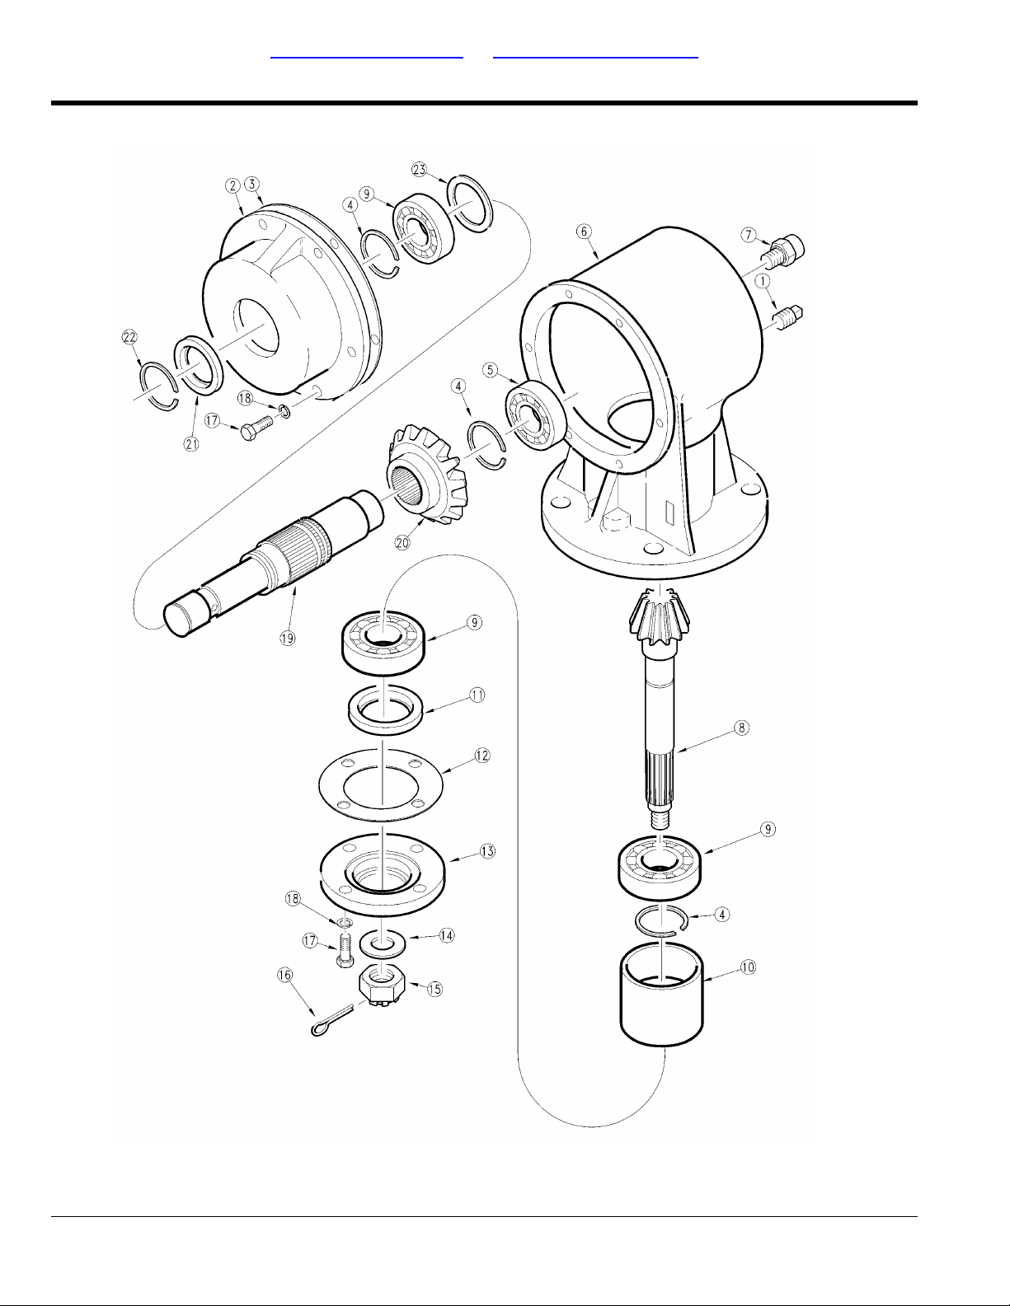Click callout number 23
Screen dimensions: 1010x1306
tap(420, 169)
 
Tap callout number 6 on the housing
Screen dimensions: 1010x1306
tap(584, 232)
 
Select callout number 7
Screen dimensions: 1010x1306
tap(749, 236)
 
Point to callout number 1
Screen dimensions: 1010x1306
tap(764, 281)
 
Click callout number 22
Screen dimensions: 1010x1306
tap(129, 337)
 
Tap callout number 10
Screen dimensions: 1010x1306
tap(748, 967)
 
